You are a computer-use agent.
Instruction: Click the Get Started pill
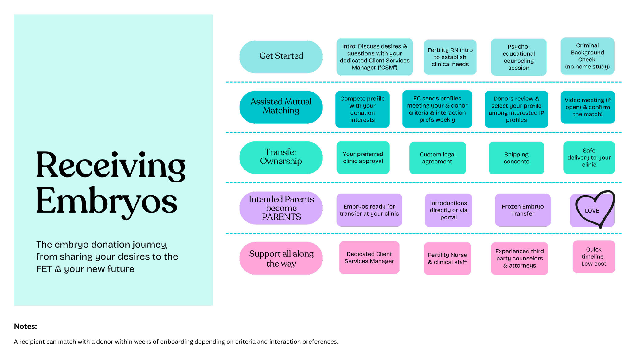point(281,57)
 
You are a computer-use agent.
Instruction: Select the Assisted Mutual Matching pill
point(281,107)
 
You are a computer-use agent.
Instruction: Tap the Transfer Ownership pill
point(281,157)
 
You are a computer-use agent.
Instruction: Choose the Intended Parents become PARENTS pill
point(281,208)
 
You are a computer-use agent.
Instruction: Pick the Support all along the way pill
point(281,258)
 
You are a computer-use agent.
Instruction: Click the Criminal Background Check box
point(587,56)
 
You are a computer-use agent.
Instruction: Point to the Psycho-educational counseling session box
point(518,57)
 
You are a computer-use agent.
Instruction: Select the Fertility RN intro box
point(450,57)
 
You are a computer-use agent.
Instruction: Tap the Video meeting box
point(587,107)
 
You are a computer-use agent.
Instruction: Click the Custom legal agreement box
point(437,158)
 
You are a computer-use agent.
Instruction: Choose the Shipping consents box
point(516,158)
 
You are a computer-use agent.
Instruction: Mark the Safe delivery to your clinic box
point(589,158)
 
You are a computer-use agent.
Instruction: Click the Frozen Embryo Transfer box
point(523,210)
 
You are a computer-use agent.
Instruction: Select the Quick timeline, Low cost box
point(594,257)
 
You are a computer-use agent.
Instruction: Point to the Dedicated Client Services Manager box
point(369,258)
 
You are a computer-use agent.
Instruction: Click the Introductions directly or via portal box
point(448,210)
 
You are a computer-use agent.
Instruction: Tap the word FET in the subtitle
point(44,269)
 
